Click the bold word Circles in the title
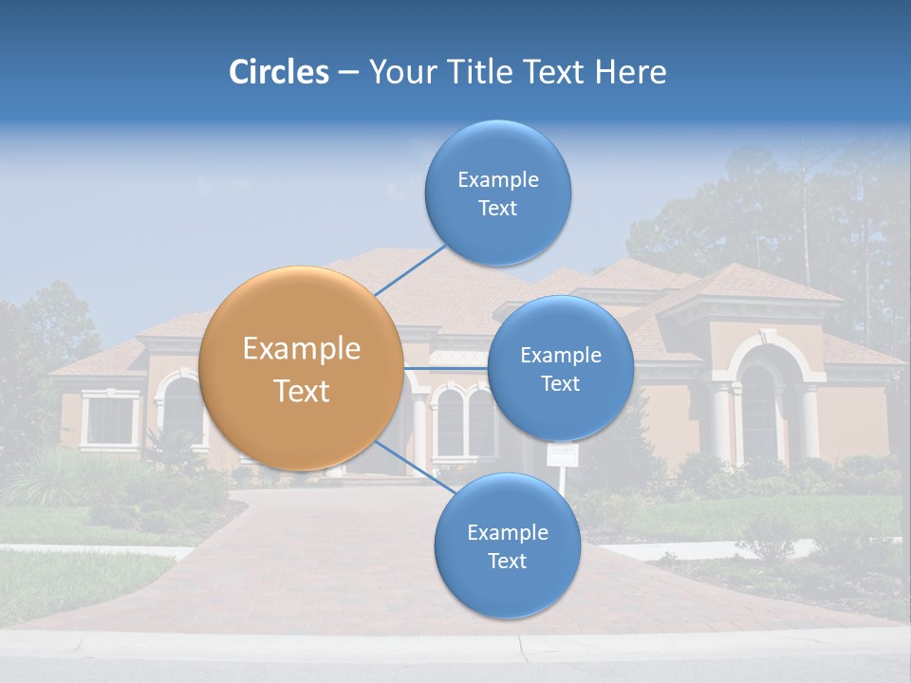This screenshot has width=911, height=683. [x=278, y=72]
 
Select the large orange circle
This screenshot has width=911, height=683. [x=300, y=369]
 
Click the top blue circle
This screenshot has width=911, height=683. [x=497, y=194]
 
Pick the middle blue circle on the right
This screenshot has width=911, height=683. [x=560, y=369]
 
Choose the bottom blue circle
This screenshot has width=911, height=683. [x=507, y=546]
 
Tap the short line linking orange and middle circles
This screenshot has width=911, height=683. [x=445, y=368]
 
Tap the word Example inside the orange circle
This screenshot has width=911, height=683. [x=302, y=349]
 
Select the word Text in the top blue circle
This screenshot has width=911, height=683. [x=497, y=209]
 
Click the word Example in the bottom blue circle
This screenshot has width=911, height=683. [x=507, y=532]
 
